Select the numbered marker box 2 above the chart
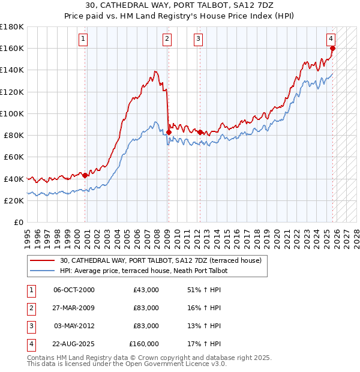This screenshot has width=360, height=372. (x=166, y=40)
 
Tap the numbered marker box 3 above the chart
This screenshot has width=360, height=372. (x=198, y=40)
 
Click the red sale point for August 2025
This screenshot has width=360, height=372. (x=332, y=49)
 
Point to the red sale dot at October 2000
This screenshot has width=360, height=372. (x=85, y=175)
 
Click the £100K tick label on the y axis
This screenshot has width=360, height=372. (x=12, y=113)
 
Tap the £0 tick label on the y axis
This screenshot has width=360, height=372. (x=18, y=222)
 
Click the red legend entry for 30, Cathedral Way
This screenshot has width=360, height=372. (x=160, y=261)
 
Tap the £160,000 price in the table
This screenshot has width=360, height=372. (x=144, y=344)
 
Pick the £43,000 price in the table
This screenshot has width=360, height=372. (x=146, y=290)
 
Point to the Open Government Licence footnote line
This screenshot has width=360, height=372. (x=127, y=364)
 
